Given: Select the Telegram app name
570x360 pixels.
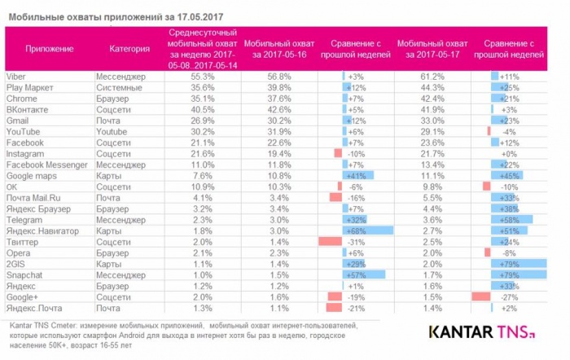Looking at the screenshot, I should pos(24,220).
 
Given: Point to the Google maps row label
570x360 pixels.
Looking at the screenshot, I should pos(31,175).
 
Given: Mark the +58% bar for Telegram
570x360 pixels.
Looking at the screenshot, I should pos(513,220).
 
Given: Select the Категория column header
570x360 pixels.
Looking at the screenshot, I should pos(130,48).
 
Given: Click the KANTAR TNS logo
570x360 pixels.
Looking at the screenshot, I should pos(481,333).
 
